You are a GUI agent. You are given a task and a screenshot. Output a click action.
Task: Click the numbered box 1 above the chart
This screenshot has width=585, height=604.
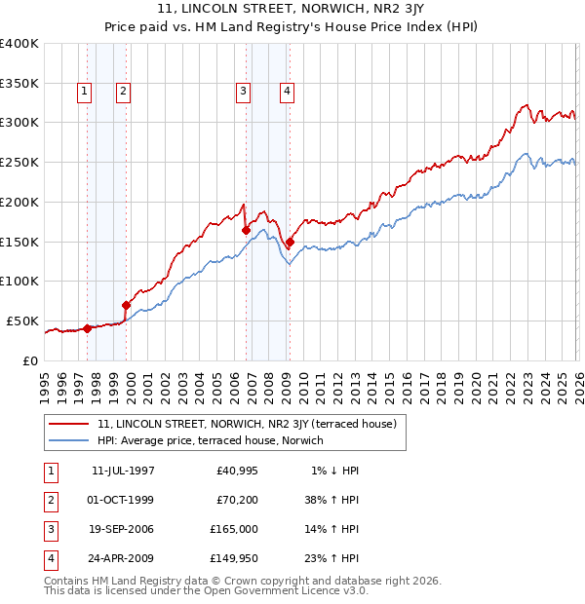pos(84,92)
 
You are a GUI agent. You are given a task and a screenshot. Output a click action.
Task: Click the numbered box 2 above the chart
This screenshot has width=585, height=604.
pos(123,92)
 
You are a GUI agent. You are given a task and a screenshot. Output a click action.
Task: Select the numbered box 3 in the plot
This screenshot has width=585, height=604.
pos(243,92)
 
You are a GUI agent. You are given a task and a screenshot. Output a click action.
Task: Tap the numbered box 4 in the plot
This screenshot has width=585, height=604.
pos(288,92)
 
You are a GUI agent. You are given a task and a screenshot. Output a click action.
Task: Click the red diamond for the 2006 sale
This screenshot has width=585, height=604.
pos(246,230)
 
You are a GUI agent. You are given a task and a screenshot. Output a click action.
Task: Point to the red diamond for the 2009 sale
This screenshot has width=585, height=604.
pos(290,242)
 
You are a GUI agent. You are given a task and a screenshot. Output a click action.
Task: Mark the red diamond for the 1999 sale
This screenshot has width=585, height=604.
pos(126,305)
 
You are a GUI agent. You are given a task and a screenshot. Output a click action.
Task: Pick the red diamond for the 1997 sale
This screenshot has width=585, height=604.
pos(88,328)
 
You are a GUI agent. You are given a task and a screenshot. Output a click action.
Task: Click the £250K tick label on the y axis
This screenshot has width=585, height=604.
pos(19,163)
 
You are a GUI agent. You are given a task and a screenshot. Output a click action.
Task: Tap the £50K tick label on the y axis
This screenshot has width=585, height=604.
pos(23,321)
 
